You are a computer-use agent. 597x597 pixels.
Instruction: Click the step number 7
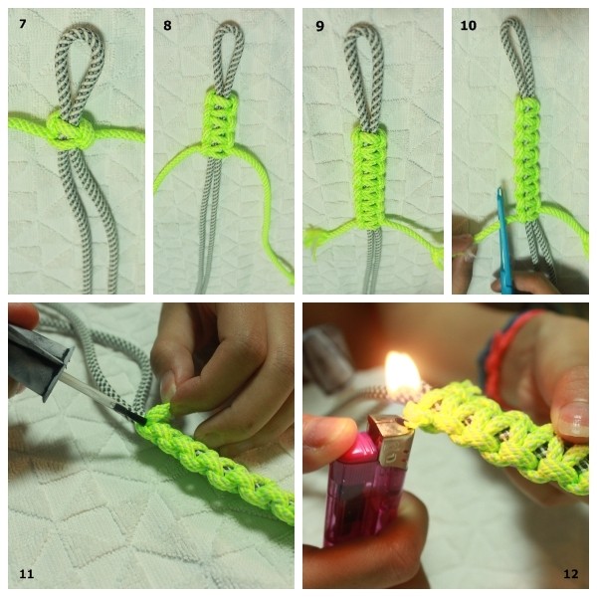[23, 24]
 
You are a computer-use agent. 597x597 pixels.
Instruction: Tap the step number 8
[167, 26]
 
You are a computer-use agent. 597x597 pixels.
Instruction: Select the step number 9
[319, 26]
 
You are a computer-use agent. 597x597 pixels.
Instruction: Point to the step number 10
[468, 26]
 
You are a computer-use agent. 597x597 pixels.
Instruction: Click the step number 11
[26, 574]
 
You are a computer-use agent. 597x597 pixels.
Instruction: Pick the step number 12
[570, 574]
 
